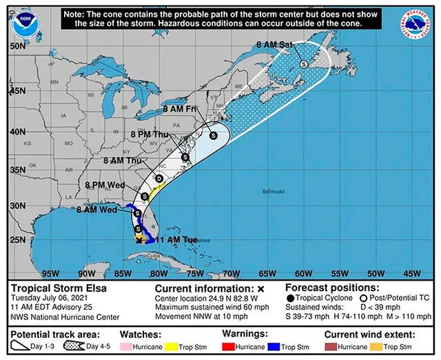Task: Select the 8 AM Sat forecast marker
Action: (303, 63)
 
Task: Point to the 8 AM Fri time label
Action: (180, 109)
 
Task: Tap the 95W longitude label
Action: (51, 272)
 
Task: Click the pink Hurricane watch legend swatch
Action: (127, 348)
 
